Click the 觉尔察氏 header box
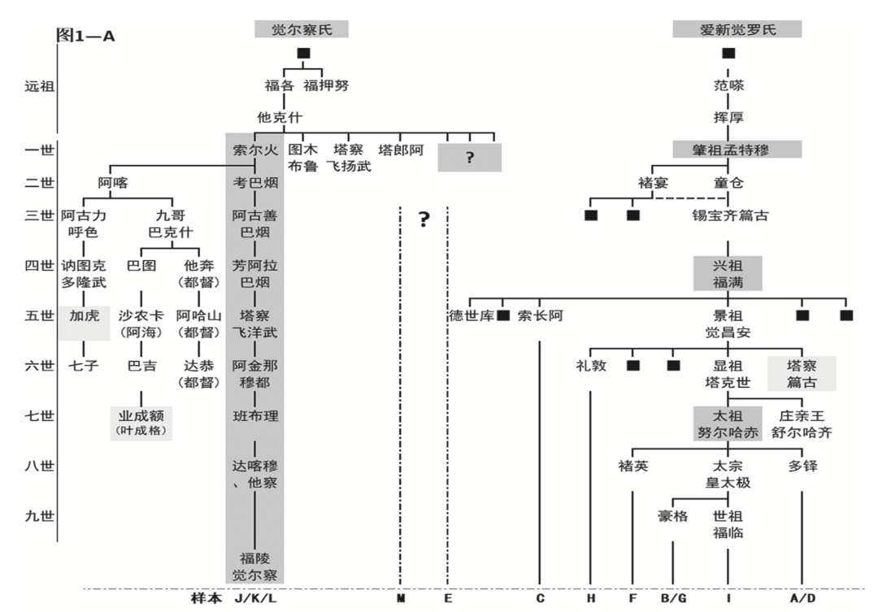pos(301,29)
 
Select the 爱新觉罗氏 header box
pos(737,29)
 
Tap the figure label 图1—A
pos(85,36)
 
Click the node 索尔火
pos(255,150)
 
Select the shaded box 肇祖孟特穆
pos(737,150)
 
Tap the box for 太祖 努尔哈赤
pos(727,423)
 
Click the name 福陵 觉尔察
pos(255,566)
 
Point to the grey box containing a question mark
pos(470,158)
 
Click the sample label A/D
pos(802,599)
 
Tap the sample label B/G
pos(672,599)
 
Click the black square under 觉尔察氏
pos(303,53)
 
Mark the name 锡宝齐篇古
pos(730,215)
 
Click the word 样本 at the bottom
pos(206,599)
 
